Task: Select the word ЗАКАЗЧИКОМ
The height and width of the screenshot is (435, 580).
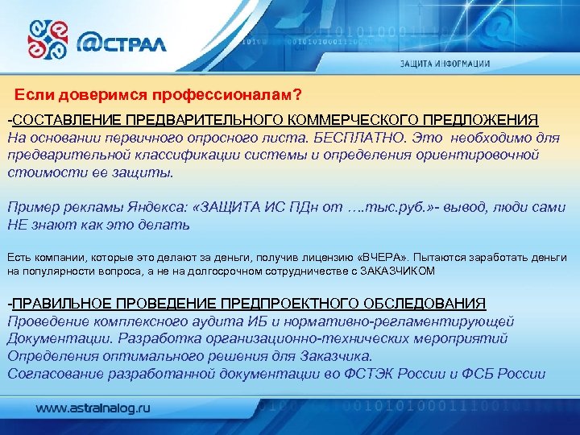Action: [396, 271]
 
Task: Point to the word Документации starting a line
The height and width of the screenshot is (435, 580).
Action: [53, 338]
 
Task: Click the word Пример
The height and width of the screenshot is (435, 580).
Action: [31, 207]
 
